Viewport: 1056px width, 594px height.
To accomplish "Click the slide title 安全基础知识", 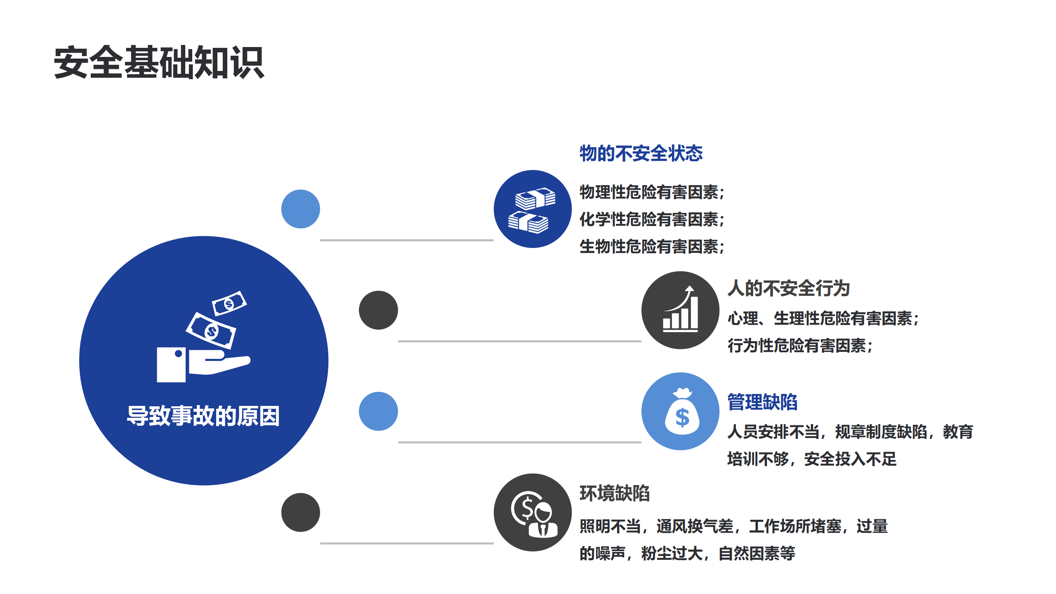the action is coord(159,63).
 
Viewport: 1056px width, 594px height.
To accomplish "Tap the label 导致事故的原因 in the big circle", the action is coord(203,416).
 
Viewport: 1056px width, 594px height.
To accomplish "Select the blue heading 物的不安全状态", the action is coord(641,153).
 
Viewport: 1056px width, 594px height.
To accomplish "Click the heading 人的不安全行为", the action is coord(789,288).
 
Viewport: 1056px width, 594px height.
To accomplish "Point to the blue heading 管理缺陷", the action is coord(762,402).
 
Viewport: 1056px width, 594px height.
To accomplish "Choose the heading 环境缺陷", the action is coord(615,493).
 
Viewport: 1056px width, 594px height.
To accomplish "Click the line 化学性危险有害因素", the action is coord(652,219).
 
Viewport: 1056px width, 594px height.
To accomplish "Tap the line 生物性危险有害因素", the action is coord(652,247).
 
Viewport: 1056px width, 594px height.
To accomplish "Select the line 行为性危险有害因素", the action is coord(800,346).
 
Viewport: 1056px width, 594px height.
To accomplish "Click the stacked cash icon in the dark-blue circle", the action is coord(532,210).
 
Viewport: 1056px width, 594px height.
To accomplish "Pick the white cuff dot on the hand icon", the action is coord(179,354).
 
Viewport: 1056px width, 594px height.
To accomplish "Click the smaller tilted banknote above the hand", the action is coord(229,304).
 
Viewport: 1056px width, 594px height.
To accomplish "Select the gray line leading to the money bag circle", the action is coord(520,442).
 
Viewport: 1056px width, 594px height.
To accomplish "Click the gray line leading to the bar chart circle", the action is coord(520,341).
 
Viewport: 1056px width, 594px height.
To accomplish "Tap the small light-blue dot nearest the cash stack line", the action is coord(301,209).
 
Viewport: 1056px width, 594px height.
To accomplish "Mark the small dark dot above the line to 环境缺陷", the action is coord(301,512).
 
